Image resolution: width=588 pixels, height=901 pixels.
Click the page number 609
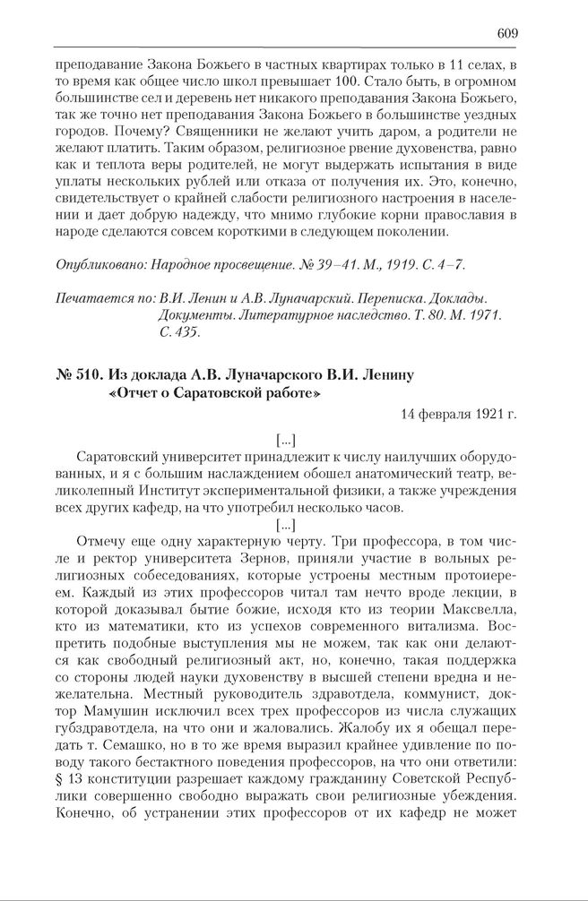(x=508, y=33)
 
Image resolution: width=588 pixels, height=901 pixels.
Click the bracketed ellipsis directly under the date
(x=287, y=439)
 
